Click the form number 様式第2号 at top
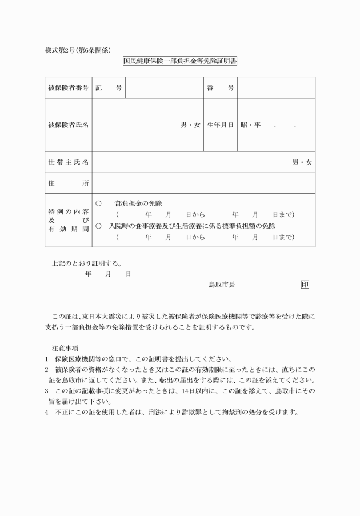(x=62, y=50)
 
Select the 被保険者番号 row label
(x=69, y=88)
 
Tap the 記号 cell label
(x=109, y=88)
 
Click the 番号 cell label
(x=221, y=88)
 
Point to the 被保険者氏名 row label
(x=69, y=125)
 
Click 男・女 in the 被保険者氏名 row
(x=190, y=125)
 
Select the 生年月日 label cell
(x=221, y=125)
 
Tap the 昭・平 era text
(x=250, y=125)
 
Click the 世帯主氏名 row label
(x=69, y=162)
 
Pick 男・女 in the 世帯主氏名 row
(x=302, y=162)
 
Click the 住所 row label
(x=69, y=183)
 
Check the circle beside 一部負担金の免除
(x=98, y=203)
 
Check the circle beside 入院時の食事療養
(x=98, y=226)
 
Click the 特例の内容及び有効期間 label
(x=69, y=220)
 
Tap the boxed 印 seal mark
(x=305, y=285)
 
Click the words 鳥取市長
(x=221, y=285)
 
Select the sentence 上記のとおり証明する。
(x=86, y=263)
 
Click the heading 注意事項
(x=65, y=347)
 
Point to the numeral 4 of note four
(x=47, y=412)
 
